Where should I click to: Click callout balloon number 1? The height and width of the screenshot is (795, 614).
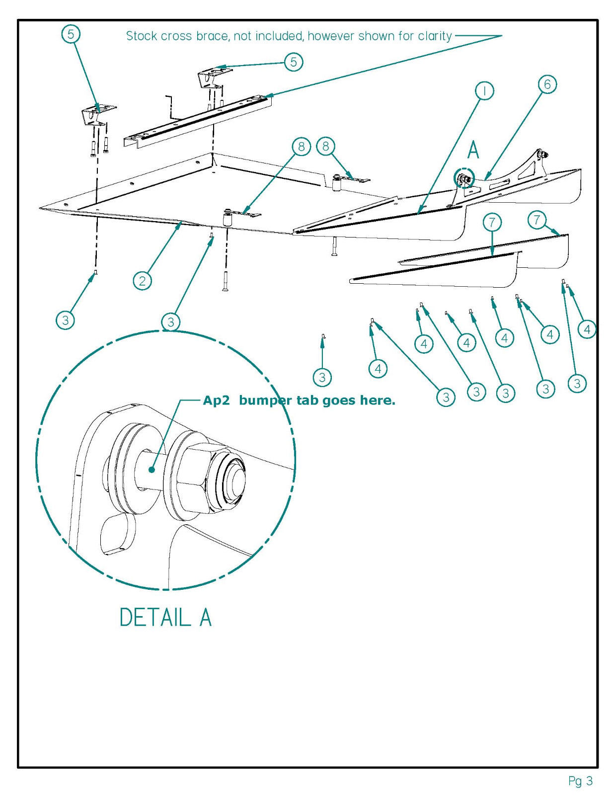[484, 91]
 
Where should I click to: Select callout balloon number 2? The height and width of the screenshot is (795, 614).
[143, 281]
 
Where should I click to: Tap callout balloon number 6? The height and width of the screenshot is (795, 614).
[547, 84]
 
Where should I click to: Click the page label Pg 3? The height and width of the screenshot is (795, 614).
[580, 781]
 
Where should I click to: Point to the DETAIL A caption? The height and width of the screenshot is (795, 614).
[165, 617]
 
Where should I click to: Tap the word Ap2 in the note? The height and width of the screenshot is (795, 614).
[216, 400]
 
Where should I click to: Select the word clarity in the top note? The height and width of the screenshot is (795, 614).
[434, 36]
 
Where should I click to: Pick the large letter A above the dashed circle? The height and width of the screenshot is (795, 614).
[473, 150]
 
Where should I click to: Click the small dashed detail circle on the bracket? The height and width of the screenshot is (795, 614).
[464, 178]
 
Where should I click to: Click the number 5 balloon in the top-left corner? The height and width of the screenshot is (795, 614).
[71, 34]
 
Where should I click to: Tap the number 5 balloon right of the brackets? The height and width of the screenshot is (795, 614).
[294, 62]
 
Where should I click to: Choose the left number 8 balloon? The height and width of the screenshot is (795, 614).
[301, 146]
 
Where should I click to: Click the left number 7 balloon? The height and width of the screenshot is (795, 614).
[492, 223]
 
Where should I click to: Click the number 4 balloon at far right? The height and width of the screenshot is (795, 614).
[587, 329]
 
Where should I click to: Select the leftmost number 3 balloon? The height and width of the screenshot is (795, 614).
[66, 320]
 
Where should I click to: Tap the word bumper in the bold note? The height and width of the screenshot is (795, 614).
[265, 400]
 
